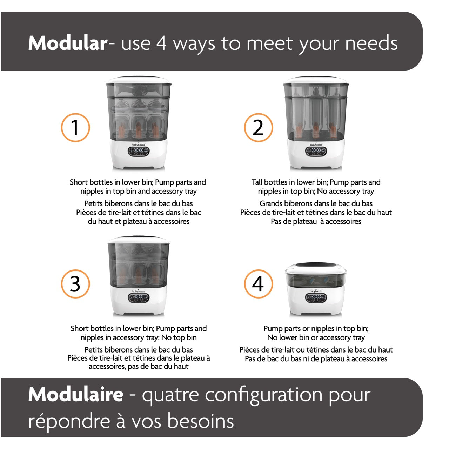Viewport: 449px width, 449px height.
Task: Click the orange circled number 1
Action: pos(75,127)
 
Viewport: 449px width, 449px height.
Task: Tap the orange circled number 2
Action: pos(258,127)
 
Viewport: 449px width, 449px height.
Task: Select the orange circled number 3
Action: pos(75,284)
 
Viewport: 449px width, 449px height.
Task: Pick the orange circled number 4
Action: pos(258,284)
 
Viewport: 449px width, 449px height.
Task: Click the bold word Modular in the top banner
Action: pos(68,43)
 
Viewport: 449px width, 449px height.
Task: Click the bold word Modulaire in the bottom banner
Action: pos(76,394)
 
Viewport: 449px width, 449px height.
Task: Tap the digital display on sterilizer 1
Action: pos(139,151)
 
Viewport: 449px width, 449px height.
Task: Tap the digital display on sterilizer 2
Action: pos(316,151)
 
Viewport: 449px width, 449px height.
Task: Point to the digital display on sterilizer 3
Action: pos(139,298)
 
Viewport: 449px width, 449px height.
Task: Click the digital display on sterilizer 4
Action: pos(316,298)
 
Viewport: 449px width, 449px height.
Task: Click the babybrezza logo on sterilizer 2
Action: pos(316,145)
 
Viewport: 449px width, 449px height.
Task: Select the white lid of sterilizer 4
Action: pos(316,269)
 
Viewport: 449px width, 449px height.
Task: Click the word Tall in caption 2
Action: pos(257,182)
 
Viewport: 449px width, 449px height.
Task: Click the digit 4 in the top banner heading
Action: pos(161,43)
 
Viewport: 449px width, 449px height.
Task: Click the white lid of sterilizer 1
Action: pos(139,80)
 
